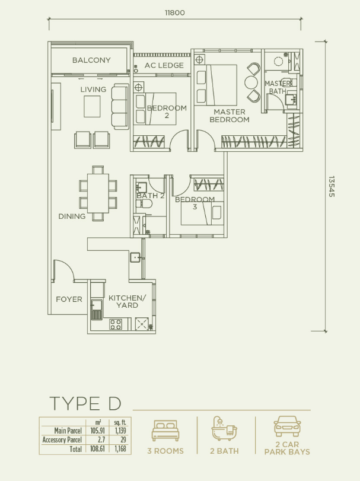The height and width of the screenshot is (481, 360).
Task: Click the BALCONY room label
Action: click(91, 60)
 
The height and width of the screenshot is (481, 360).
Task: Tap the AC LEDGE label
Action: click(164, 65)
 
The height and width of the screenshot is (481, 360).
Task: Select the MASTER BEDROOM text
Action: click(230, 116)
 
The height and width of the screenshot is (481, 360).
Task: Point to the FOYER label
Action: click(69, 299)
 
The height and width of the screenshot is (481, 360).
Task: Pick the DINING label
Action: click(72, 216)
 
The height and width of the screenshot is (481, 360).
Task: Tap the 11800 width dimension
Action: click(174, 12)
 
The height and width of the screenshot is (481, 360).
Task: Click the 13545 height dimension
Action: click(332, 186)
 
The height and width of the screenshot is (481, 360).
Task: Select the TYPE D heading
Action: click(85, 403)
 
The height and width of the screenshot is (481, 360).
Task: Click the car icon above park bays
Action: click(287, 426)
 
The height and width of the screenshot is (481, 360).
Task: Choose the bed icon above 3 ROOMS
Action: click(165, 431)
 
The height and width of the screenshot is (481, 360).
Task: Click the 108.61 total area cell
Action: click(97, 450)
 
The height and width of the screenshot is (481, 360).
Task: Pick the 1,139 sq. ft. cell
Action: click(120, 431)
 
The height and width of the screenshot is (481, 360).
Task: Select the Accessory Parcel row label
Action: click(62, 440)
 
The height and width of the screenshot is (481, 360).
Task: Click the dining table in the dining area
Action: click(98, 193)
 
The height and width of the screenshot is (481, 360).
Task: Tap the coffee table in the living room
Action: click(92, 106)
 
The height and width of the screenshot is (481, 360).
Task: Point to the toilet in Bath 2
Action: click(145, 204)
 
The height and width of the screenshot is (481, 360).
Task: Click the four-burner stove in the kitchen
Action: click(116, 324)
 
